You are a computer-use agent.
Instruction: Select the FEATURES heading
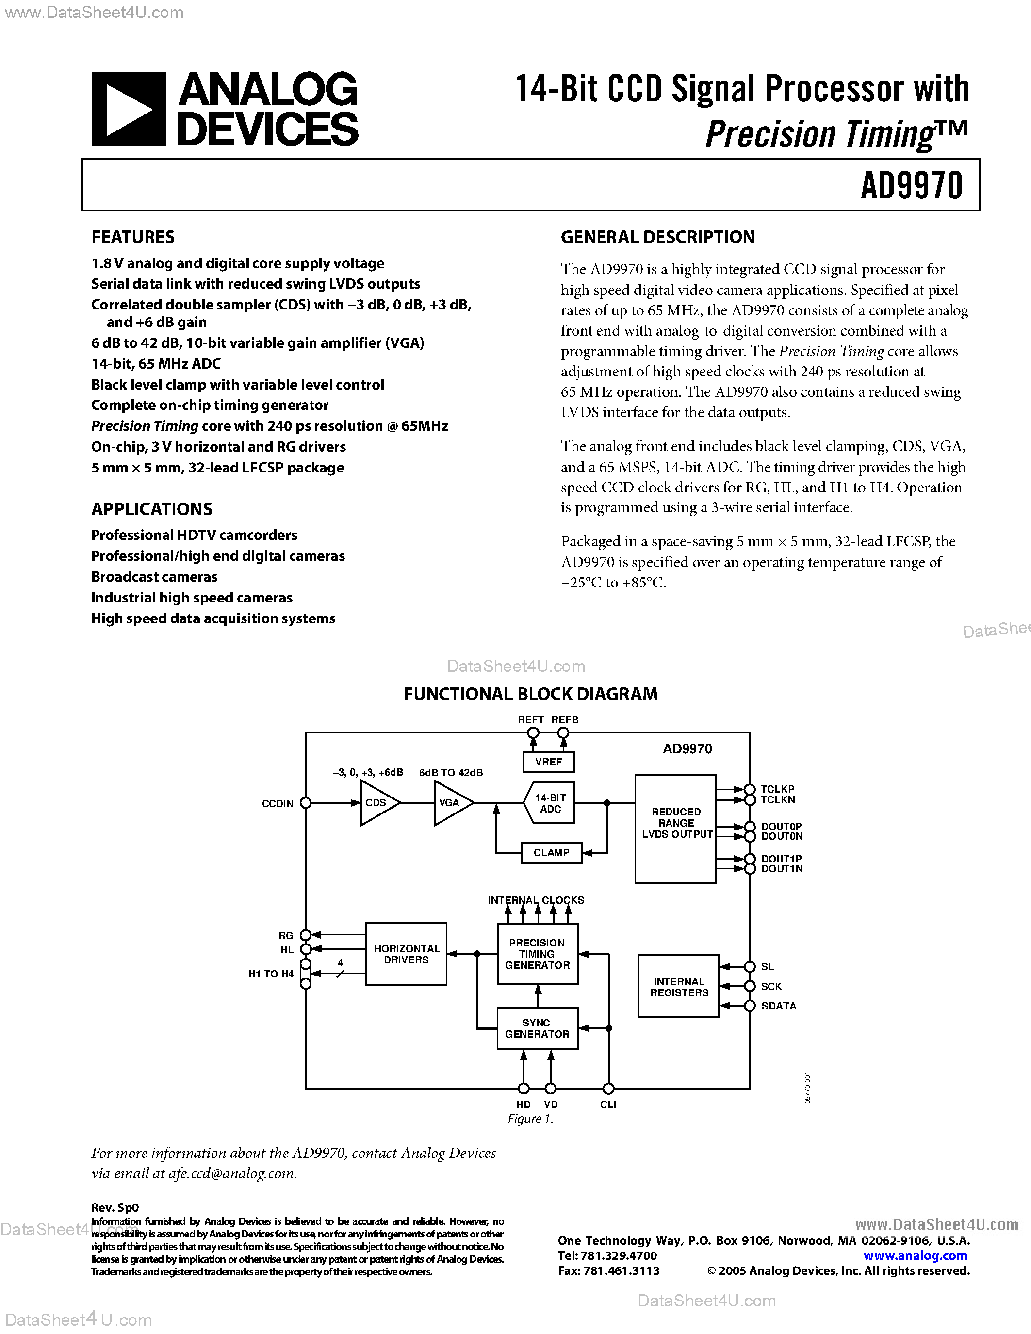tap(132, 237)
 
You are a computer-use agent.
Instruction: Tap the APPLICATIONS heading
tap(151, 509)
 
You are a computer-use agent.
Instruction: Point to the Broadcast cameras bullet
tap(154, 577)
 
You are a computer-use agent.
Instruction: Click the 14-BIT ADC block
tap(550, 803)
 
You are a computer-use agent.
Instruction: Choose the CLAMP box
tap(551, 853)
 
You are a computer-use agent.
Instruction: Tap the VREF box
tap(548, 762)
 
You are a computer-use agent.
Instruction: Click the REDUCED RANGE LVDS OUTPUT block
tap(675, 829)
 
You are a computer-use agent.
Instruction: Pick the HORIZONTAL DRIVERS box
tap(406, 954)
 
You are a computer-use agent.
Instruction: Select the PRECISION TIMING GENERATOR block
tap(538, 954)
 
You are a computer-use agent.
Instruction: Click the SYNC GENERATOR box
tap(538, 1028)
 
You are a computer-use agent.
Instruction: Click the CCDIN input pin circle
tap(306, 803)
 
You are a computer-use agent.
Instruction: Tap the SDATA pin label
tap(779, 1006)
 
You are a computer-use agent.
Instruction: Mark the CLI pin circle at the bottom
tap(608, 1088)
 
